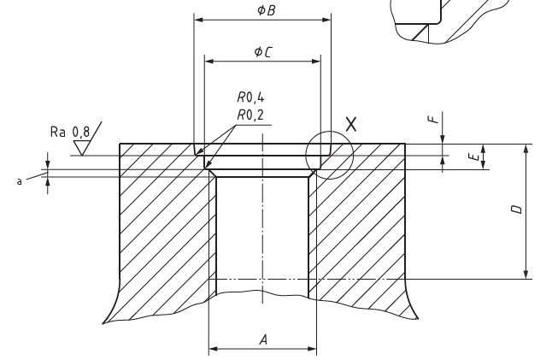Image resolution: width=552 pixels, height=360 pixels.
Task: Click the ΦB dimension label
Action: click(x=267, y=10)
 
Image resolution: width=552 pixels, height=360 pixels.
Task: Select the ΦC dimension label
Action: click(x=263, y=52)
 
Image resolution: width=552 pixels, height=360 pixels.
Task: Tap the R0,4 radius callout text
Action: click(x=250, y=97)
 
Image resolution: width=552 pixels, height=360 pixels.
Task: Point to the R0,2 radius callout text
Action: click(x=250, y=115)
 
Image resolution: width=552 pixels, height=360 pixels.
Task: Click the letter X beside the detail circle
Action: click(x=351, y=124)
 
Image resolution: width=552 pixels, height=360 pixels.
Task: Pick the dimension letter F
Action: click(x=435, y=118)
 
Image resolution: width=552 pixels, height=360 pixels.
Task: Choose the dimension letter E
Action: click(x=475, y=156)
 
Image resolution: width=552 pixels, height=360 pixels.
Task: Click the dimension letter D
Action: click(x=516, y=210)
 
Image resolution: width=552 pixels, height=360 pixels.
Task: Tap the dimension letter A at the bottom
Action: click(x=264, y=340)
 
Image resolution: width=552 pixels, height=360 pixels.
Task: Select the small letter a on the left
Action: click(x=20, y=181)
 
